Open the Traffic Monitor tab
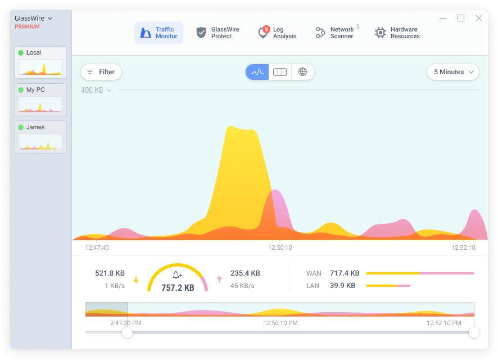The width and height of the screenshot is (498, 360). click(x=159, y=33)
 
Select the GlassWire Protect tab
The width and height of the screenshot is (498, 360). click(x=218, y=33)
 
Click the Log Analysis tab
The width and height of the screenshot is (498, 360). click(x=277, y=33)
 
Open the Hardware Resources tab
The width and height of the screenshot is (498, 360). click(x=397, y=33)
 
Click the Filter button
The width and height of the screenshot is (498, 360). click(x=101, y=72)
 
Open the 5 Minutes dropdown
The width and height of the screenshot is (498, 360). click(x=453, y=72)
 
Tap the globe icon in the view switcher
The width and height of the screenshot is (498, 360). click(x=302, y=72)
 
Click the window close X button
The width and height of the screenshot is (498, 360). click(x=479, y=18)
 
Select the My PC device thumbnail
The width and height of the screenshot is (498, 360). click(x=40, y=100)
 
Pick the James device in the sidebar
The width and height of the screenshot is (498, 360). click(x=40, y=137)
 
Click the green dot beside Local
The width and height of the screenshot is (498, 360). click(x=21, y=53)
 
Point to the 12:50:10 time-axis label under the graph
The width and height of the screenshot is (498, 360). click(x=280, y=247)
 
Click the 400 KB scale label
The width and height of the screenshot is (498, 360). click(x=92, y=90)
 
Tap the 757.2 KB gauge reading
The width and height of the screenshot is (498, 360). click(x=178, y=288)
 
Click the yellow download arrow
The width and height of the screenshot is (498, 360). click(x=136, y=280)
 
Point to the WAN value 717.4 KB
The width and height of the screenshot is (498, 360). click(x=345, y=273)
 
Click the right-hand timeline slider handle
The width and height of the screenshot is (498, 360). click(x=474, y=333)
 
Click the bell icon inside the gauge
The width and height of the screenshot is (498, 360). click(x=177, y=275)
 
